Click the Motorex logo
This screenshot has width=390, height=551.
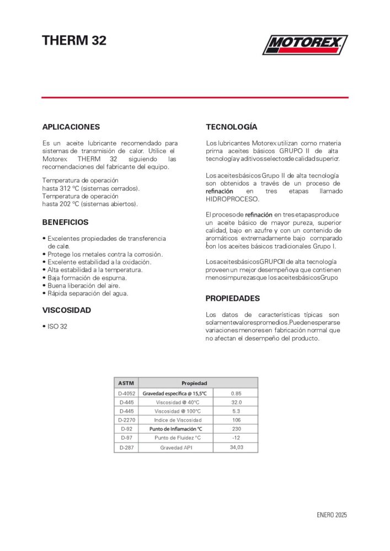304,45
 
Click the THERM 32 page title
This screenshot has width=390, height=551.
74,40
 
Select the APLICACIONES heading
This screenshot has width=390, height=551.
71,127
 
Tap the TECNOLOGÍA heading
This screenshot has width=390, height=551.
231,127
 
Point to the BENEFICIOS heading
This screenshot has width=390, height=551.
65,223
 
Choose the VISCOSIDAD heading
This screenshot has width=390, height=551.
67,310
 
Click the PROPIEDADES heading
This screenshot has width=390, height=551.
232,299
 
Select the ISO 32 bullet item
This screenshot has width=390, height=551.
56,327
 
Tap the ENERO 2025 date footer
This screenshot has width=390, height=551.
332,515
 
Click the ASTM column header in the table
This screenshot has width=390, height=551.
126,383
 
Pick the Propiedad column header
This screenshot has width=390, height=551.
194,383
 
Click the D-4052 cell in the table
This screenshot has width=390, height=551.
126,393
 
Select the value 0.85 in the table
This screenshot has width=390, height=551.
236,393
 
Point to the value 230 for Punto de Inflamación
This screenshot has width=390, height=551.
236,429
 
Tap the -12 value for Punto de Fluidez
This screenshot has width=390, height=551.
236,437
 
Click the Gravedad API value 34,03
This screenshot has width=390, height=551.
236,447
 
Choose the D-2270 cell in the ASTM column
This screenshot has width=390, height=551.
126,420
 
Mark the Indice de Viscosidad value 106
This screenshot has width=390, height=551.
236,420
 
